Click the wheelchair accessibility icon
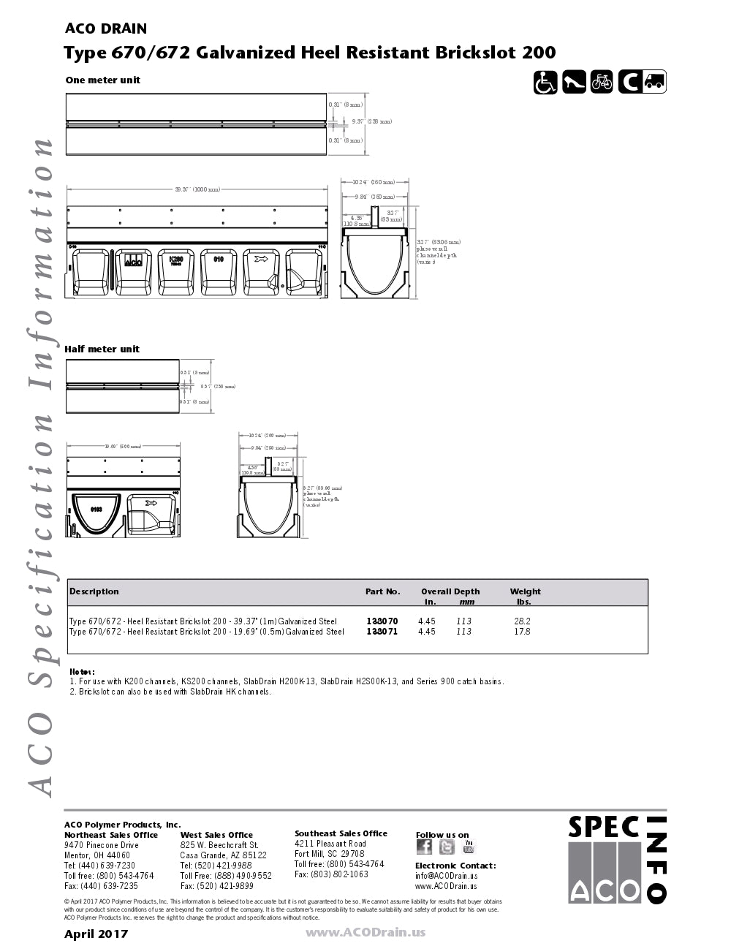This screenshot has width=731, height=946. click(x=545, y=82)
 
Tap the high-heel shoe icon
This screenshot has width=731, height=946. click(x=574, y=82)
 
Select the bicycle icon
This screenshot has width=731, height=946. click(x=602, y=82)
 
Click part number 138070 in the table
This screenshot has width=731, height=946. click(x=382, y=621)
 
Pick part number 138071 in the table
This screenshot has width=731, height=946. click(x=382, y=632)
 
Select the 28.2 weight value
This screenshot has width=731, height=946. click(x=522, y=621)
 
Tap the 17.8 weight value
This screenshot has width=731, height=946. click(x=522, y=632)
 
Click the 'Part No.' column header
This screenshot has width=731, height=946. click(x=383, y=591)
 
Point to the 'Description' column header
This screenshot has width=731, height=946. click(x=94, y=591)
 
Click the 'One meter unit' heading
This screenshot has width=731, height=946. click(x=102, y=80)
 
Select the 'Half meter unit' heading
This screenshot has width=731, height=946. click(x=102, y=349)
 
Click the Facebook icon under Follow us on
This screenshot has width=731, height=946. click(x=424, y=847)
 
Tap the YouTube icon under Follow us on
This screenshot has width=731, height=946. click(x=469, y=847)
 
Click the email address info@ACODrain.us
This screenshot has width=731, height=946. click(x=446, y=876)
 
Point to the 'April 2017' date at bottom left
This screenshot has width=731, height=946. click(x=96, y=934)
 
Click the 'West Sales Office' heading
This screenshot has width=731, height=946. click(x=216, y=835)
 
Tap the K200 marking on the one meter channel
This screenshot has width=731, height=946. click(x=175, y=260)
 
